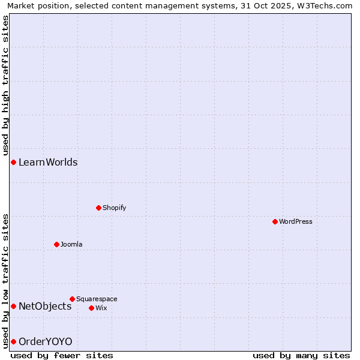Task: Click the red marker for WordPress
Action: [x=275, y=221]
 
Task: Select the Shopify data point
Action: [x=98, y=208]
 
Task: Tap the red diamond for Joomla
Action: [x=56, y=244]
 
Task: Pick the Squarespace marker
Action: [x=72, y=299]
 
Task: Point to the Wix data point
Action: [x=91, y=308]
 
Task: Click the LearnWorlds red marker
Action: [x=13, y=162]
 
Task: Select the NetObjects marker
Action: [x=13, y=306]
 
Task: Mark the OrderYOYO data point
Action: [x=13, y=341]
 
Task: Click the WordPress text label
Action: [x=296, y=221]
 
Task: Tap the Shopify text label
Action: [x=114, y=208]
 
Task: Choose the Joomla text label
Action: [x=71, y=244]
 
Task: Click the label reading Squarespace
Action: [x=97, y=299]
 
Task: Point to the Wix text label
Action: [x=101, y=308]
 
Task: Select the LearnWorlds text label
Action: [x=48, y=162]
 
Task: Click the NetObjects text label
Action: [x=45, y=306]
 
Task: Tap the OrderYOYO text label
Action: [x=46, y=341]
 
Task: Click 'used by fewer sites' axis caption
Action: [x=62, y=355]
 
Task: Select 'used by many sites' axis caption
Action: [x=301, y=355]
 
